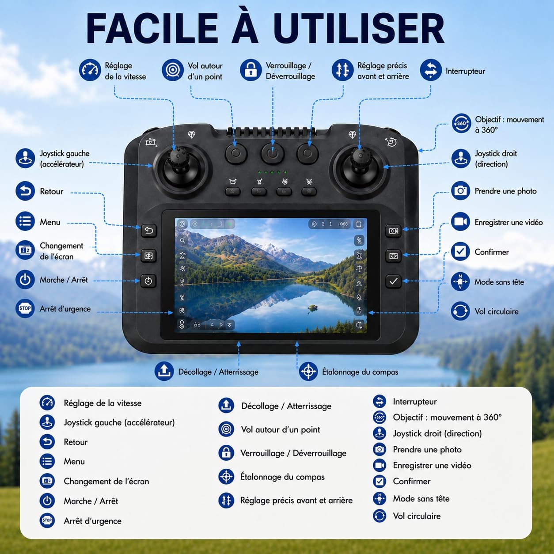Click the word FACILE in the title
pyautogui.click(x=152, y=28)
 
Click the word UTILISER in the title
pyautogui.click(x=359, y=28)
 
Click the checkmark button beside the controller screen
pyautogui.click(x=393, y=281)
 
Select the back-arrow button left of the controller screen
pyautogui.click(x=149, y=230)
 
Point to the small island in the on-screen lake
pyautogui.click(x=312, y=307)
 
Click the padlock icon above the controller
pyautogui.click(x=250, y=70)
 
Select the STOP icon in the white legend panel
pyautogui.click(x=47, y=520)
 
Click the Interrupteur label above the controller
pyautogui.click(x=465, y=71)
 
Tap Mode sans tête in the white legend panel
pyautogui.click(x=421, y=498)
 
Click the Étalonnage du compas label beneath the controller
pyautogui.click(x=360, y=372)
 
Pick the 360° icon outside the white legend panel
pyautogui.click(x=461, y=123)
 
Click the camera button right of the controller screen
pyautogui.click(x=393, y=231)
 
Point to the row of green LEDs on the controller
pyautogui.click(x=272, y=172)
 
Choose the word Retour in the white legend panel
pyautogui.click(x=76, y=442)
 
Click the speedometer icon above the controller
pyautogui.click(x=90, y=70)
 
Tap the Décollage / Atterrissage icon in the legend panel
pyautogui.click(x=226, y=406)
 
